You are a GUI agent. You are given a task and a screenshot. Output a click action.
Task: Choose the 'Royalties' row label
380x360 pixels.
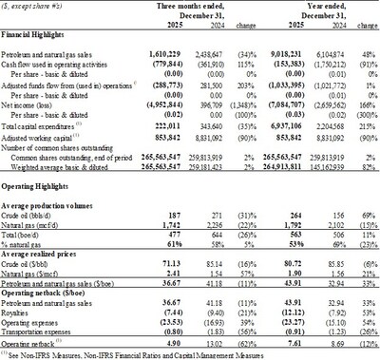point(22,310)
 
